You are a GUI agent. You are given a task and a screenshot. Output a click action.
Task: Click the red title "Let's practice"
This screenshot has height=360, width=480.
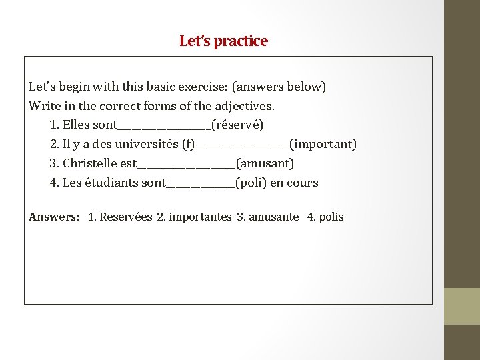point(223,41)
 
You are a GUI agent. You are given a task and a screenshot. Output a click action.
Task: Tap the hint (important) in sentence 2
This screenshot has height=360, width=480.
point(323,144)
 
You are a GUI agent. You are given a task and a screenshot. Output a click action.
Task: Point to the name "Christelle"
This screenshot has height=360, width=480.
point(90,163)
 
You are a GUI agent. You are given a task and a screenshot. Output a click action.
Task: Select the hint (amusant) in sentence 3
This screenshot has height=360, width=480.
point(265,163)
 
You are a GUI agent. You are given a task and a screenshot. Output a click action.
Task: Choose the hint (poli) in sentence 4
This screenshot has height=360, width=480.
point(251,183)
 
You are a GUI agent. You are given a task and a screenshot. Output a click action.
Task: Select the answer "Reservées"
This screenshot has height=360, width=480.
point(126,217)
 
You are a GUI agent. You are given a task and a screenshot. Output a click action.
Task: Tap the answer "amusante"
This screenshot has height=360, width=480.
point(274,217)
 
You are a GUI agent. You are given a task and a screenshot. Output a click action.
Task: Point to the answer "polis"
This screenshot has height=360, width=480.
point(331,217)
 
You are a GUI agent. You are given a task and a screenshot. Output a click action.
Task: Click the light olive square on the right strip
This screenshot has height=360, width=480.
point(462,306)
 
